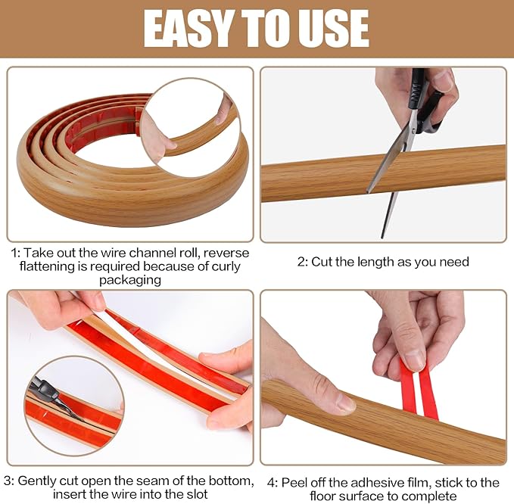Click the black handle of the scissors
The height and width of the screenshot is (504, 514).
(x=425, y=106)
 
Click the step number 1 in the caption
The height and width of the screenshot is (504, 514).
(x=14, y=253)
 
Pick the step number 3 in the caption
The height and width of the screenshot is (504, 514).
(x=7, y=481)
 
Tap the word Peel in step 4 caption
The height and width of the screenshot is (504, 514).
(x=292, y=483)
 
